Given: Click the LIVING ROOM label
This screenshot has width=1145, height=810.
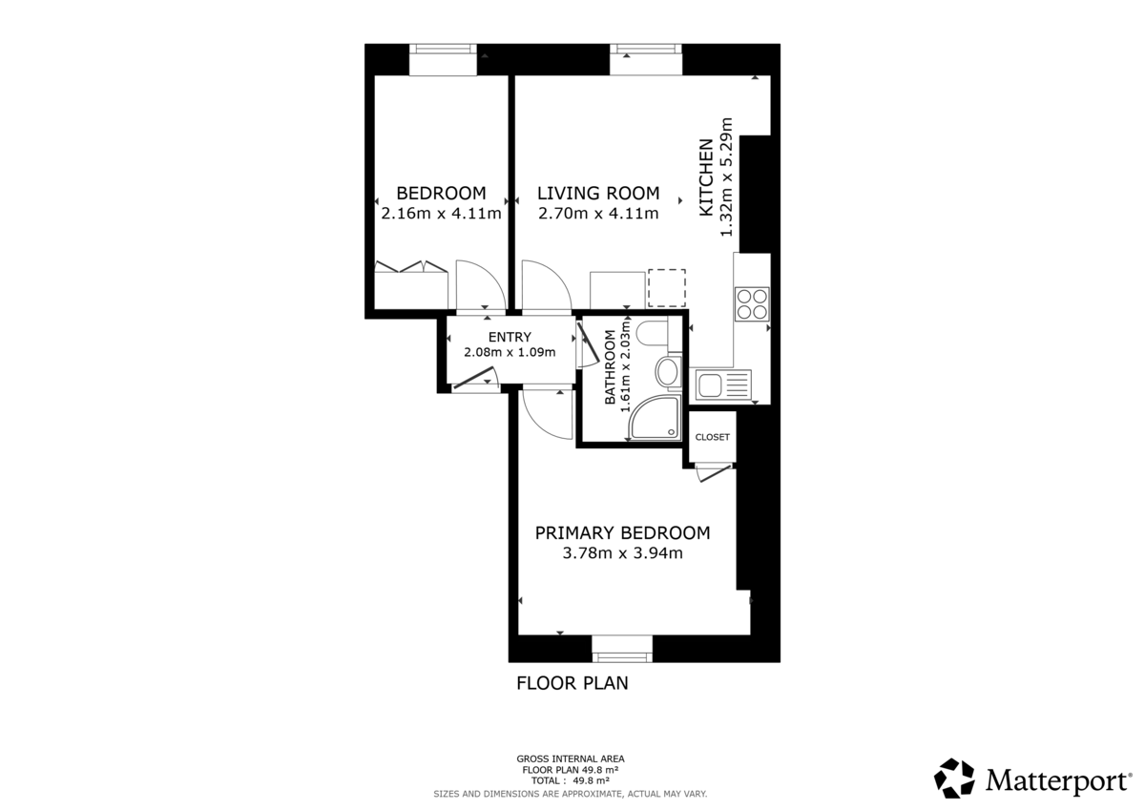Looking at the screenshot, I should click(x=597, y=193).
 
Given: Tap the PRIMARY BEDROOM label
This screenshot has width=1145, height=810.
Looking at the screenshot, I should click(x=622, y=532).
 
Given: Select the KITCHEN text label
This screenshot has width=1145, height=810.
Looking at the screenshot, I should click(x=707, y=177).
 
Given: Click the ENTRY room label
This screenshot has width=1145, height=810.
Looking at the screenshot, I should click(x=510, y=337).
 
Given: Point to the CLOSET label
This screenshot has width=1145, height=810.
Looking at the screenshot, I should click(x=712, y=437).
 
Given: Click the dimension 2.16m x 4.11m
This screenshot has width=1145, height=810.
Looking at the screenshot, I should click(x=441, y=214).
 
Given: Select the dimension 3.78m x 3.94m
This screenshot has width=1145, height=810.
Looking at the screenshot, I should click(x=622, y=552).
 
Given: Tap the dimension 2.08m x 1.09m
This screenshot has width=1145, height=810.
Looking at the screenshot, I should click(x=510, y=352).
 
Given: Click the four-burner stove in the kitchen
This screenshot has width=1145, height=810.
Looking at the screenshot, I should click(x=751, y=302).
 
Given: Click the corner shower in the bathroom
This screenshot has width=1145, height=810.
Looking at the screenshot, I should click(x=656, y=419).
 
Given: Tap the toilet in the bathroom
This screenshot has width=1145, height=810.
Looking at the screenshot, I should click(x=654, y=334).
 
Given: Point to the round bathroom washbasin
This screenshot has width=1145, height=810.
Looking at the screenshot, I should click(x=668, y=371).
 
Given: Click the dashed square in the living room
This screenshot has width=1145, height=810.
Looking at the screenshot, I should click(x=667, y=288).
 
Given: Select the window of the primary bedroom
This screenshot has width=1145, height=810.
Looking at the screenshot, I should click(x=622, y=650).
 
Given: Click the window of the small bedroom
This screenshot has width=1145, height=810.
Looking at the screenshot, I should click(x=443, y=59).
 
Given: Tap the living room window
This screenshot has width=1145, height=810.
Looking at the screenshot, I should click(x=646, y=59).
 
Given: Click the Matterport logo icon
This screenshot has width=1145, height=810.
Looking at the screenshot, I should click(x=954, y=778).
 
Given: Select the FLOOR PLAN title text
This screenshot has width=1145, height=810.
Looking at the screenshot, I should click(x=572, y=683).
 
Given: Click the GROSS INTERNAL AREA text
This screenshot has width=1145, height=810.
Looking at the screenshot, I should click(x=571, y=759).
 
